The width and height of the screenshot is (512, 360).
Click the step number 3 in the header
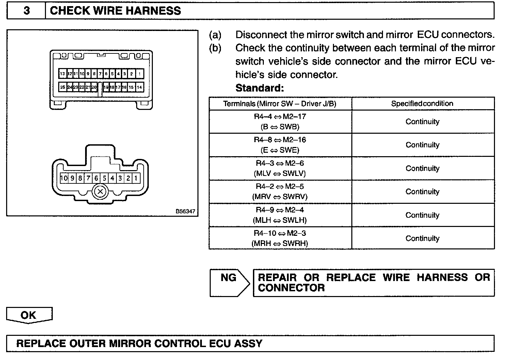coord(26,11)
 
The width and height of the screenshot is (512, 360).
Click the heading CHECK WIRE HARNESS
coord(115,11)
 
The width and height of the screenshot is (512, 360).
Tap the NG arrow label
coord(228,278)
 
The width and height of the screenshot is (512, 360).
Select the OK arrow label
coord(29,315)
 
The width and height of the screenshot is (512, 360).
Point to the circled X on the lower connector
coord(100,192)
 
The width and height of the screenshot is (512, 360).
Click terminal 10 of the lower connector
coord(64,178)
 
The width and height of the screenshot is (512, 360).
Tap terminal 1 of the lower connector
coord(136,178)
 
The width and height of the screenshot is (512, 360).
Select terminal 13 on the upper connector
coord(62,73)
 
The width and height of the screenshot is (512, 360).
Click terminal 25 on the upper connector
coord(63,87)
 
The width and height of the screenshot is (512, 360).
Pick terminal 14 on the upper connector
coord(139,87)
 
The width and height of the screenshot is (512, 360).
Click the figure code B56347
coord(186,211)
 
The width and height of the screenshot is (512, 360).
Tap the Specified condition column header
coord(422,103)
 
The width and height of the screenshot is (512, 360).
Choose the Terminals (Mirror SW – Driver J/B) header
coord(280,103)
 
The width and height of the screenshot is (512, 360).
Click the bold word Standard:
coord(259,88)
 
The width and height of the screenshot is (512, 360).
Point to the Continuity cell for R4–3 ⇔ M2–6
coord(422,168)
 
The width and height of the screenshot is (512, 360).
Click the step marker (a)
coord(215,35)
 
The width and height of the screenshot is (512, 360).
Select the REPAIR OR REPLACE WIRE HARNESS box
coord(373,283)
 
